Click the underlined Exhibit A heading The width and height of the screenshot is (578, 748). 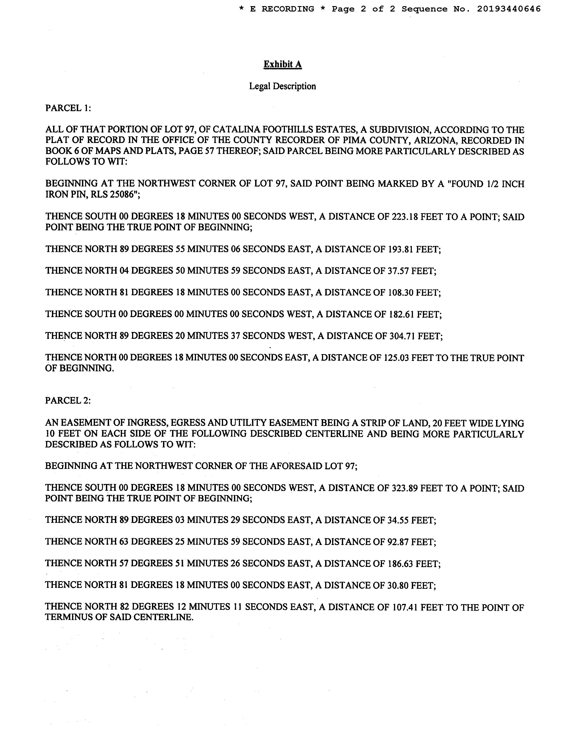point(282,64)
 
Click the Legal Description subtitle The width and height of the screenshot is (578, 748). point(282,86)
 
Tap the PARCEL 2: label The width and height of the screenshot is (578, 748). point(68,400)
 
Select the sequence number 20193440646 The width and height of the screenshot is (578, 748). point(509,9)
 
